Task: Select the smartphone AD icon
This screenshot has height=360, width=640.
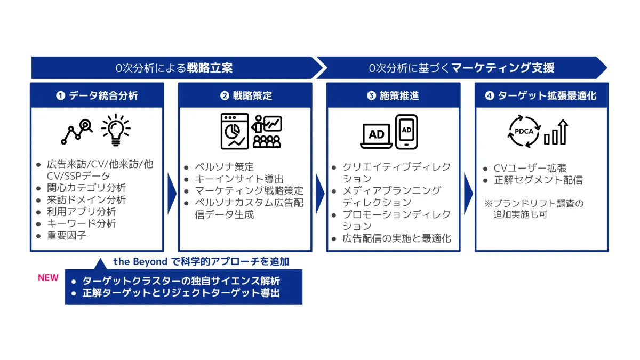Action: (406, 131)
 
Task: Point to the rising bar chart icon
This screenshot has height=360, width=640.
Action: (556, 132)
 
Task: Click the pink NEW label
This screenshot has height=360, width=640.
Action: (48, 278)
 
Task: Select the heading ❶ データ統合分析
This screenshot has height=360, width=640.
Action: (97, 96)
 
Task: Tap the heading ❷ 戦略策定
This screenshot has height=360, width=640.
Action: (246, 96)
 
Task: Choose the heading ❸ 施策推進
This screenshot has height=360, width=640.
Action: (393, 96)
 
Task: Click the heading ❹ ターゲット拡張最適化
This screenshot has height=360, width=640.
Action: (541, 96)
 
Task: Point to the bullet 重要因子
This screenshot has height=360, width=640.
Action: (66, 235)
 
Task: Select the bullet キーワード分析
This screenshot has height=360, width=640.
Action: (82, 223)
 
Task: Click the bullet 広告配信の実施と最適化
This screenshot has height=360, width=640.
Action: (397, 238)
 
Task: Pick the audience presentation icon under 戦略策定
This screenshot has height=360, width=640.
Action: (267, 131)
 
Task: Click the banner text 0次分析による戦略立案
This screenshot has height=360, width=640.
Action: (174, 68)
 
